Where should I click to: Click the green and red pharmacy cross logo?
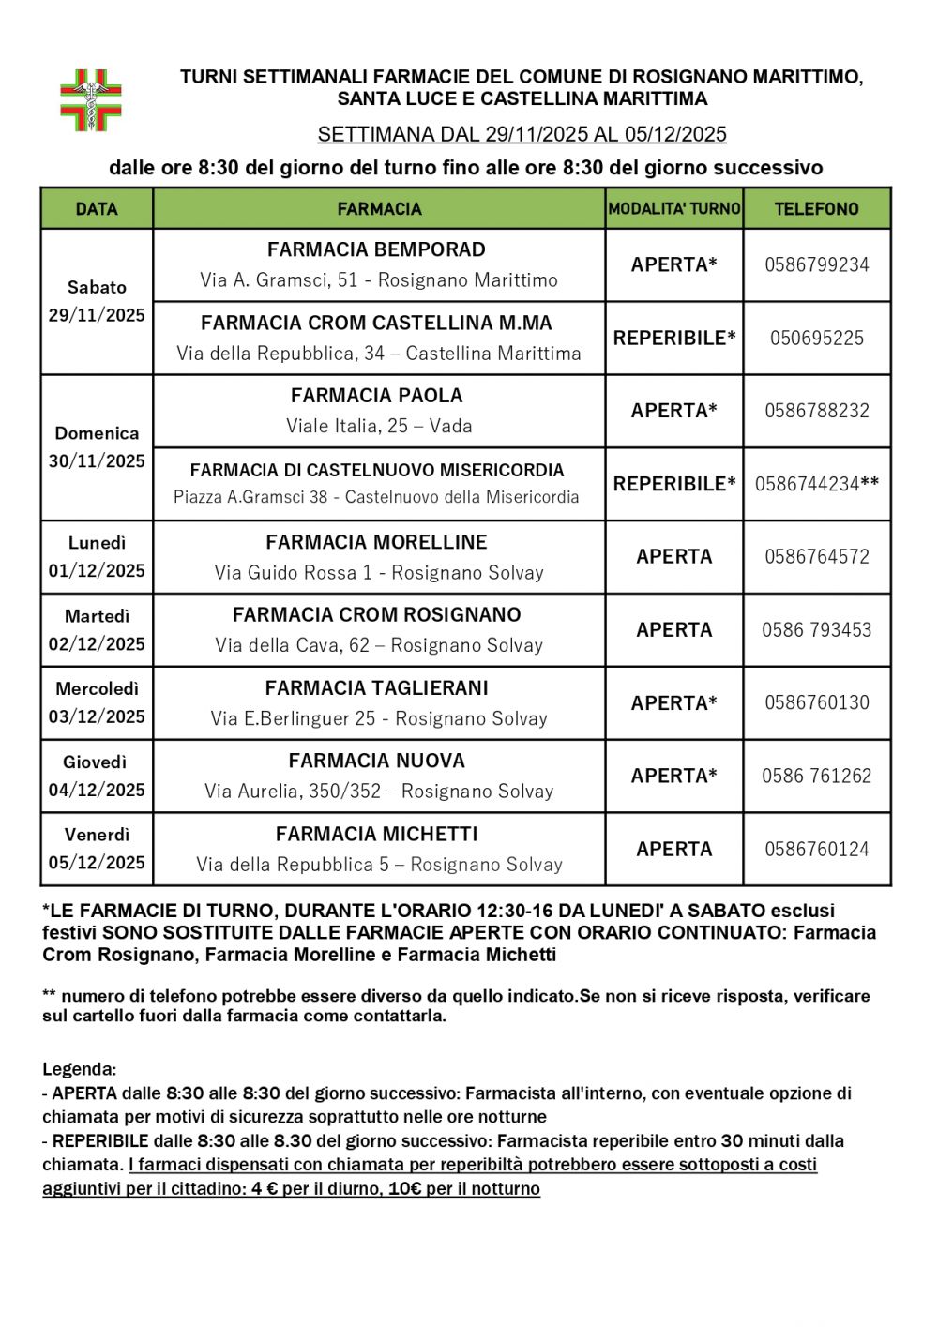click(91, 99)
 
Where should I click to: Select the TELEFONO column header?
click(816, 209)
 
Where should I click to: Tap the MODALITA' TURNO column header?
click(673, 209)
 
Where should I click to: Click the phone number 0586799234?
click(816, 265)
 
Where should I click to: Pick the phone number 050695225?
click(816, 339)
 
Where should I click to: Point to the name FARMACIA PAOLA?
click(377, 396)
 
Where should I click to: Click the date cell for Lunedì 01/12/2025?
click(97, 557)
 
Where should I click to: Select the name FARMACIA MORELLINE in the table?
click(377, 542)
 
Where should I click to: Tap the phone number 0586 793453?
click(816, 630)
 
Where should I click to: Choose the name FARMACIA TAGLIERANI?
click(377, 688)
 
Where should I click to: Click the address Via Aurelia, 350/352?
click(379, 792)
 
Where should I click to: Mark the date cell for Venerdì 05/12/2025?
click(97, 849)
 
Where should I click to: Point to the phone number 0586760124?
click(816, 850)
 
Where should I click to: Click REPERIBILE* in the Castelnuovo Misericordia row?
click(673, 485)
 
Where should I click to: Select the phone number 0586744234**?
click(816, 485)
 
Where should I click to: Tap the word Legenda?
click(79, 1069)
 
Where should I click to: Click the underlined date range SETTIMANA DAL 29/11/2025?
click(522, 135)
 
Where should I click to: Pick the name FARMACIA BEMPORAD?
click(377, 250)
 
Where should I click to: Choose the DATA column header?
click(97, 209)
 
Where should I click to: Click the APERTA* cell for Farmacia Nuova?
click(673, 777)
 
